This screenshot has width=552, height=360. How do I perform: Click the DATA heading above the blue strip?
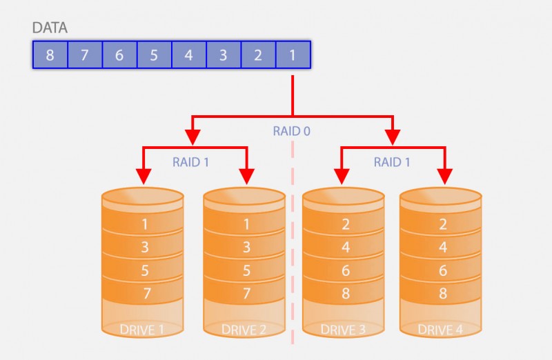point(50,28)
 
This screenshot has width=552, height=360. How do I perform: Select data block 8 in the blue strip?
point(50,55)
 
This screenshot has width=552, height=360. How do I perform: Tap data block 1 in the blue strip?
point(292,55)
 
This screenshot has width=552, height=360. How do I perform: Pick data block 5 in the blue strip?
point(153,55)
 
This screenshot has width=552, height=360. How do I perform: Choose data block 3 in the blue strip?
point(223,55)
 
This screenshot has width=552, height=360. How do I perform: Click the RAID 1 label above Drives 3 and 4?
point(393,163)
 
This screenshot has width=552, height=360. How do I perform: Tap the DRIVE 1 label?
point(142,330)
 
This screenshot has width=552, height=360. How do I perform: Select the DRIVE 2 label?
point(244,330)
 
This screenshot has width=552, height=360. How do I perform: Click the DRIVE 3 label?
point(344,330)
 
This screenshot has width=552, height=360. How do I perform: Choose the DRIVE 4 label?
point(440,330)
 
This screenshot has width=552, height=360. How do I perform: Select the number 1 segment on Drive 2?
point(246,224)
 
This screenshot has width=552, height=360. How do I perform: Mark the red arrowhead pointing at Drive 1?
point(144,177)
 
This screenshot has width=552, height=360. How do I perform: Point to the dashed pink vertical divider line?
point(293,241)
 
